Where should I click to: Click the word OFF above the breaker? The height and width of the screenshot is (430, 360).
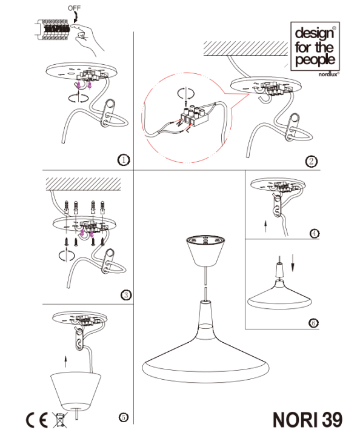point(74,8)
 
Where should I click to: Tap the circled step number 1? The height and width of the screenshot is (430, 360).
point(124,160)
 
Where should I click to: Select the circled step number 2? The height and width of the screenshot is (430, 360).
point(311,161)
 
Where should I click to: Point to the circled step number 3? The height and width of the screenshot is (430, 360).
point(126,295)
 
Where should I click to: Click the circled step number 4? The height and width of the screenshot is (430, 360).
point(315,233)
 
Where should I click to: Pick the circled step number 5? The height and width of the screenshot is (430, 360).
point(124,417)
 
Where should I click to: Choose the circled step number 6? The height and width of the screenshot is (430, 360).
point(313,323)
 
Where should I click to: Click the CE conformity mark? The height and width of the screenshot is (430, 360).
point(36,420)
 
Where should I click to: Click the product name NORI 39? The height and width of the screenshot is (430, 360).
point(308,419)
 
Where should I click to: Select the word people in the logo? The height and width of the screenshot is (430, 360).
point(315,60)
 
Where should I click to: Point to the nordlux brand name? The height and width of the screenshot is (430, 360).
point(328,74)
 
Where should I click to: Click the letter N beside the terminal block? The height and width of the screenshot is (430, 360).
point(179,124)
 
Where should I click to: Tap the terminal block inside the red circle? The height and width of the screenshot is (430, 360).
point(195,116)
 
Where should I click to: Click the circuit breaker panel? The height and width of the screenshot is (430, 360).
point(52,30)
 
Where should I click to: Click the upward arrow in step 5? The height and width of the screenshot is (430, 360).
point(65,361)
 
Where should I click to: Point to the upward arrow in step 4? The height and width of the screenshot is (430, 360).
point(265,226)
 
